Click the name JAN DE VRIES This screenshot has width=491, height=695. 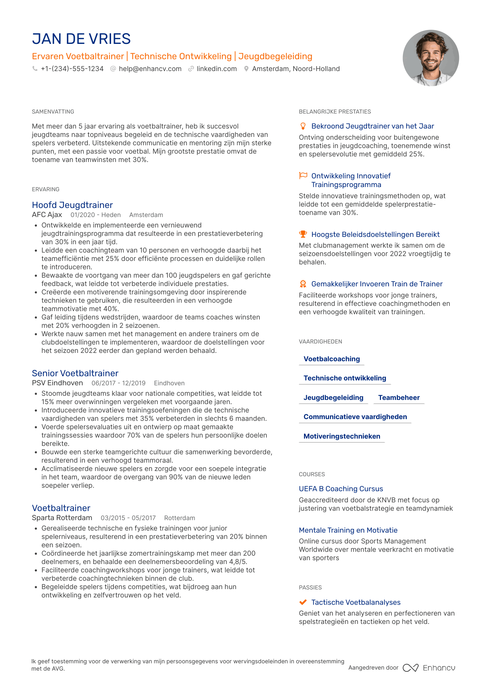pos(81,39)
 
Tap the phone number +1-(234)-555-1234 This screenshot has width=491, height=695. pos(72,69)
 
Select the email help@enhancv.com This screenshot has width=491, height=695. pos(150,69)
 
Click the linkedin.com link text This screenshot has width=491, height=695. pos(217,69)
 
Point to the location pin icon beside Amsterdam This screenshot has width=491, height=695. pos(246,69)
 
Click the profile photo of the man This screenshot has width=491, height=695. pos(430,58)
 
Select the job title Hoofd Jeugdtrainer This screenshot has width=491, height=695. pos(72,205)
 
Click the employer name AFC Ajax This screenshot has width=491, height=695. pos(47,215)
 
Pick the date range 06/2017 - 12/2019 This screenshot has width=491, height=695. pos(118,383)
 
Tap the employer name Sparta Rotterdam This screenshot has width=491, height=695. pos(62,518)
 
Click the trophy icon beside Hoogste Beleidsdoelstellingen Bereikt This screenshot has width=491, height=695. pos(303,234)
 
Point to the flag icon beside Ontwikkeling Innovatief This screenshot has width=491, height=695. pos(303,176)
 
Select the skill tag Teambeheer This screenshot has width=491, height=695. pos(399,398)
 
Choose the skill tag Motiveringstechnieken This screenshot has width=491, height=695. pos(342,437)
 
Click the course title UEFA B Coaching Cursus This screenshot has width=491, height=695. pos(341,489)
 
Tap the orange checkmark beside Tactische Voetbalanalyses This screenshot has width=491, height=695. pos(303,602)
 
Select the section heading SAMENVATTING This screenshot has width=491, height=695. pos(53,112)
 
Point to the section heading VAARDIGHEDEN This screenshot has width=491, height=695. pos(320,342)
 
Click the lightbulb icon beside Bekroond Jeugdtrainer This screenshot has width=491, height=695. pos(303,126)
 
